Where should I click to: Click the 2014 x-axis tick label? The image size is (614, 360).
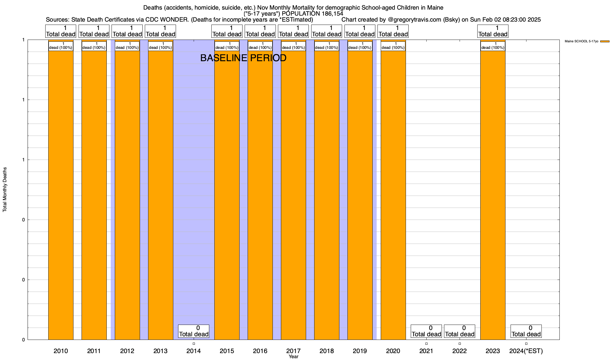pos(194,351)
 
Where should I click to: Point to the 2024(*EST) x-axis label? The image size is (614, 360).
pos(526,351)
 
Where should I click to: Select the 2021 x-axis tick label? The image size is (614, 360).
pos(426,351)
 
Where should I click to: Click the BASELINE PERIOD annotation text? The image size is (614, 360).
pos(243,58)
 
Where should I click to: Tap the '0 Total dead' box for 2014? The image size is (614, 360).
pos(194,331)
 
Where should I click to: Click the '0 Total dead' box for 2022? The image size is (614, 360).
pos(459,331)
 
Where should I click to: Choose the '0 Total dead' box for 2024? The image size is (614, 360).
pos(526,331)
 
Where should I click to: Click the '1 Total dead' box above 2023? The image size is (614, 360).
pos(493,31)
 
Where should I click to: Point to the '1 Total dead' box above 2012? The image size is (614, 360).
pos(127,31)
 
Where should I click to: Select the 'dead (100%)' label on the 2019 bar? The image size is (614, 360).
pos(360,46)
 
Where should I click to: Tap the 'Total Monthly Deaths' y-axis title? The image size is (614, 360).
pos(5,190)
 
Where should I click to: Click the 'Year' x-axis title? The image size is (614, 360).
pos(294,356)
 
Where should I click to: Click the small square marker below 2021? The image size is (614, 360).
pos(426,343)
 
